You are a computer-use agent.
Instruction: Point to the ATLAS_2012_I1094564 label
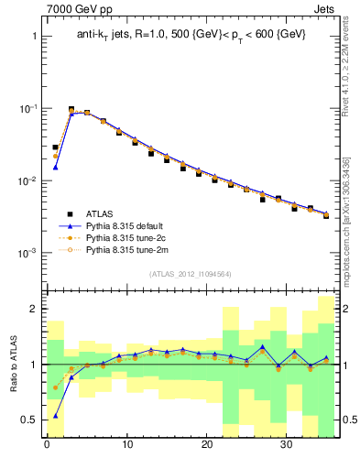pyautogui.click(x=190, y=273)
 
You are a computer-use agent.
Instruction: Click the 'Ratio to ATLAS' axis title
pyautogui.click(x=13, y=364)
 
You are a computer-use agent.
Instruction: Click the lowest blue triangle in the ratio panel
pyautogui.click(x=56, y=416)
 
